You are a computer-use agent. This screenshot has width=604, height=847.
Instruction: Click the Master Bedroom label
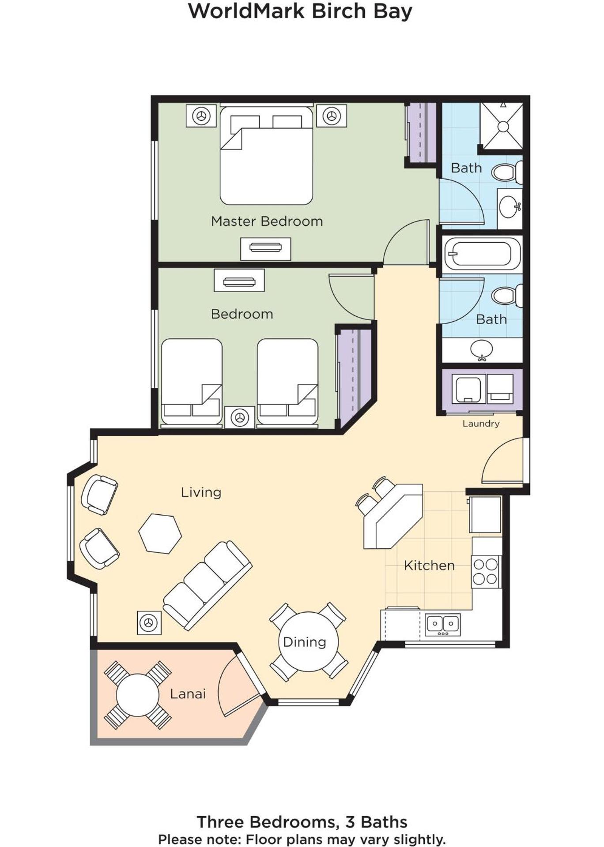coord(267,221)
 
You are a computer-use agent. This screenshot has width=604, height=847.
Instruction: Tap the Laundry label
coord(481,423)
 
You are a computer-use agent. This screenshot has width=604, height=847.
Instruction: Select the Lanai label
coord(188,694)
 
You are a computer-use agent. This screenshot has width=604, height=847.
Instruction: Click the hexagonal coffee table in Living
coord(160,533)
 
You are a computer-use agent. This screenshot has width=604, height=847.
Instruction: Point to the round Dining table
coord(308,642)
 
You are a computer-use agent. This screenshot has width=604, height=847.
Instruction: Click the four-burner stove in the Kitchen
coord(486,571)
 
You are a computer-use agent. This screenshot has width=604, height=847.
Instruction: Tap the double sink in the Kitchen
coord(442,624)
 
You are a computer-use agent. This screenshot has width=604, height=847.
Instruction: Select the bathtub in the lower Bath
coord(482,254)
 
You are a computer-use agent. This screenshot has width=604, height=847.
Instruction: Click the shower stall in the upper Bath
coord(502,126)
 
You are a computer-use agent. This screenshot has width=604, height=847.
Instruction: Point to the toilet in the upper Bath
coord(506,172)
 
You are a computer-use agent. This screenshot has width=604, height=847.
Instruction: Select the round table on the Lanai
coord(137,695)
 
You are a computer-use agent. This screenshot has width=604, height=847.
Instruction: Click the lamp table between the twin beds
coord(239,417)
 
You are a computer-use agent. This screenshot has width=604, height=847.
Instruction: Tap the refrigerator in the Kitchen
coord(485,514)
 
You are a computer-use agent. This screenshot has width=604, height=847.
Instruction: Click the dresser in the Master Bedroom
coord(265,248)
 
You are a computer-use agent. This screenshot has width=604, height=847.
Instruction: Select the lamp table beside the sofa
coord(149,622)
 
